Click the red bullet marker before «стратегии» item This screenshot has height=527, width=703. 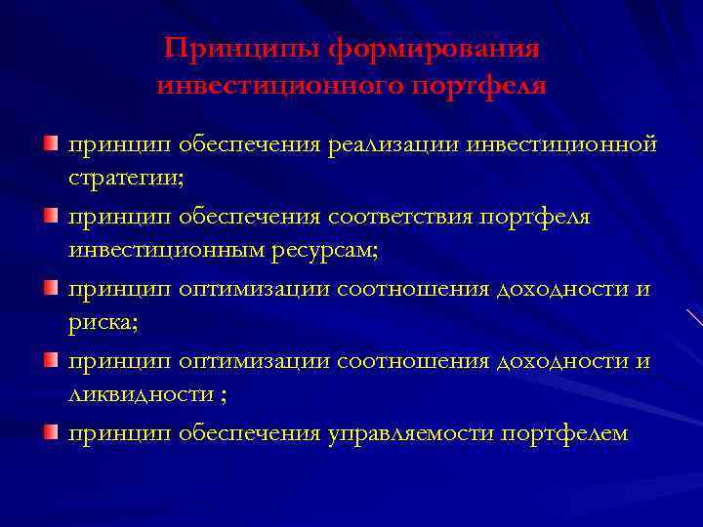pyautogui.click(x=49, y=145)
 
